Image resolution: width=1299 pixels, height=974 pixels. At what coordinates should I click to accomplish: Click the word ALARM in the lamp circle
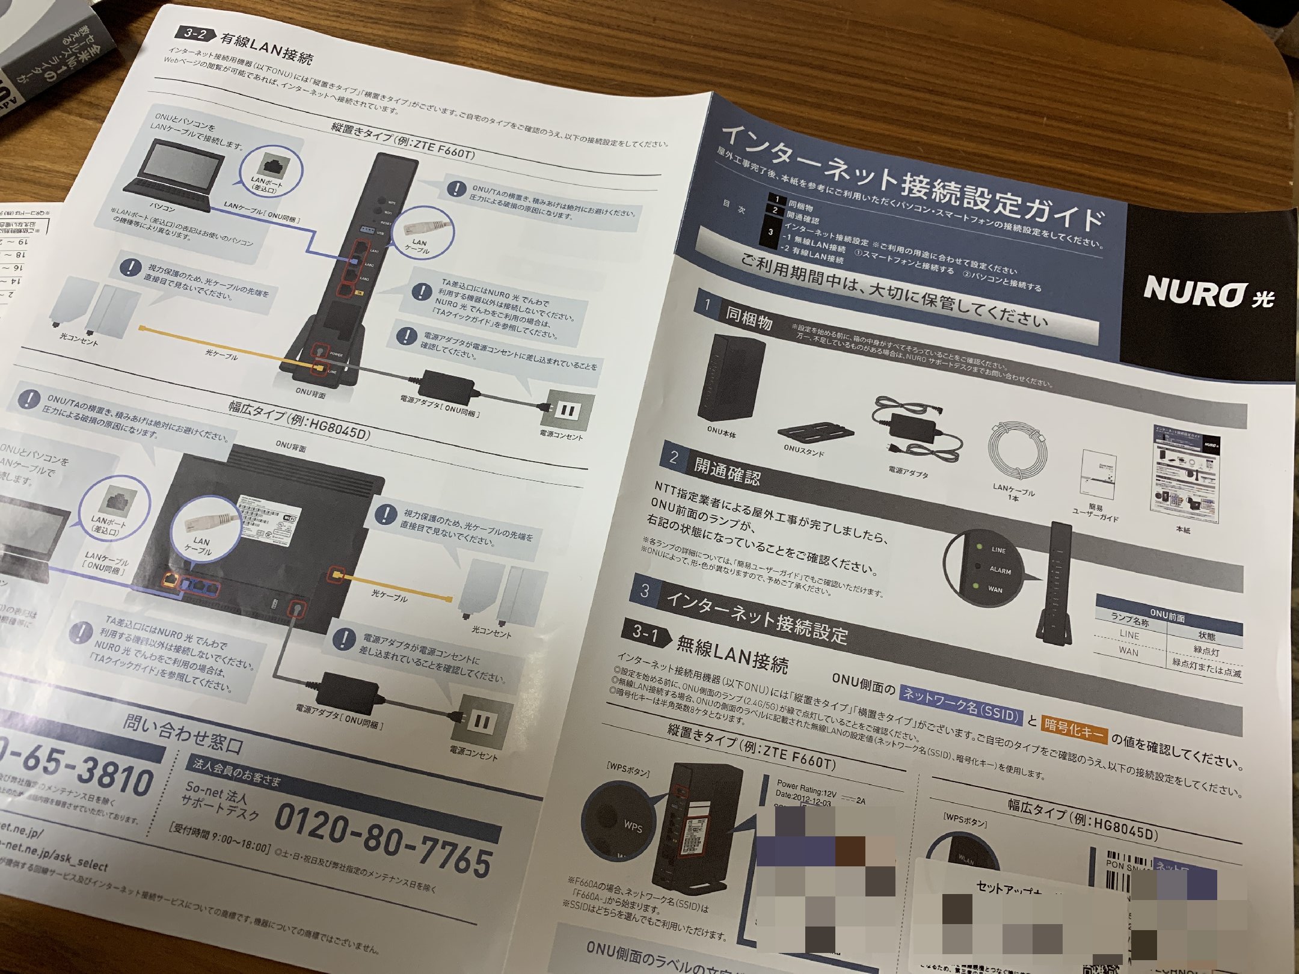pyautogui.click(x=1000, y=570)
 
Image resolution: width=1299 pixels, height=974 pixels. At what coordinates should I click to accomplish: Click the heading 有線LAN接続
pyautogui.click(x=266, y=47)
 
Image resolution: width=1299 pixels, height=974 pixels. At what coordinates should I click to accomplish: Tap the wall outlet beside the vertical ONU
pyautogui.click(x=568, y=411)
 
